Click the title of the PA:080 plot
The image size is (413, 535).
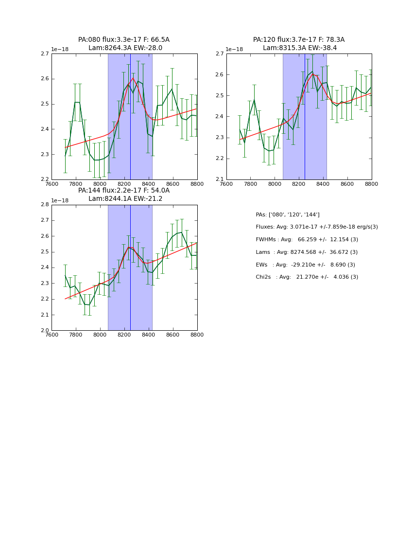click(124, 44)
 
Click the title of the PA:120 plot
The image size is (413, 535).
click(299, 44)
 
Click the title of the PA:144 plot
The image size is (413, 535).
click(124, 195)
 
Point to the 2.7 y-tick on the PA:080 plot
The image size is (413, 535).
click(45, 53)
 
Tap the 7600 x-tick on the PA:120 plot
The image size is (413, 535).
click(226, 184)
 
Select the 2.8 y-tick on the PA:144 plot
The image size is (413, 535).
click(45, 205)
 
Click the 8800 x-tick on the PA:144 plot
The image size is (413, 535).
click(197, 335)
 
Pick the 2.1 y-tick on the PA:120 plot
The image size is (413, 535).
click(220, 179)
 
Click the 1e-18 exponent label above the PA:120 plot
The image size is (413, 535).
click(234, 49)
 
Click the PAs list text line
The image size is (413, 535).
click(288, 214)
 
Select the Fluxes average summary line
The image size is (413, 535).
click(317, 227)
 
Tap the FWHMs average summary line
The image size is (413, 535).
click(307, 239)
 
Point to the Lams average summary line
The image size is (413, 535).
click(307, 252)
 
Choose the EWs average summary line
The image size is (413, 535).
click(305, 265)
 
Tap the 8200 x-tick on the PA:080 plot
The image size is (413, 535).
click(124, 184)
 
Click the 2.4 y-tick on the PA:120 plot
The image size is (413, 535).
click(220, 117)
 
